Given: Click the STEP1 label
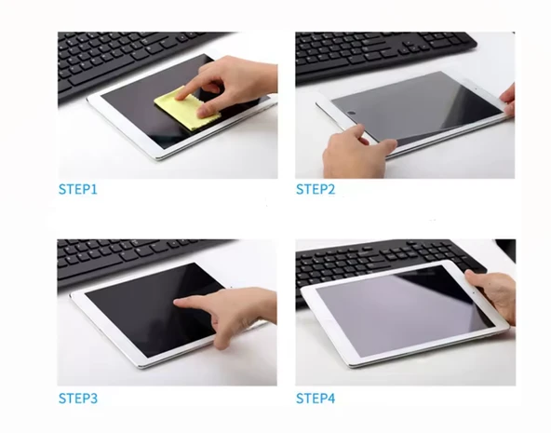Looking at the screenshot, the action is pos(77,189).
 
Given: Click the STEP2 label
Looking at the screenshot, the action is pos(316,189).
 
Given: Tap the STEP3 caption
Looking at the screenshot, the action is pos(77,399).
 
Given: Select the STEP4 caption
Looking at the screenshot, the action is pos(316,399).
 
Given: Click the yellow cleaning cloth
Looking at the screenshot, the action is pos(186,107).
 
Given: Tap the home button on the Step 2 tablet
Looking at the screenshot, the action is pos(351,114).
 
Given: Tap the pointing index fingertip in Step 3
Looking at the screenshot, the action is pos(178,302).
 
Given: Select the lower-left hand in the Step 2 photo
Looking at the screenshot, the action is pos(355,151).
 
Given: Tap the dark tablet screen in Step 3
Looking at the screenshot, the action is pos(148,309).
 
